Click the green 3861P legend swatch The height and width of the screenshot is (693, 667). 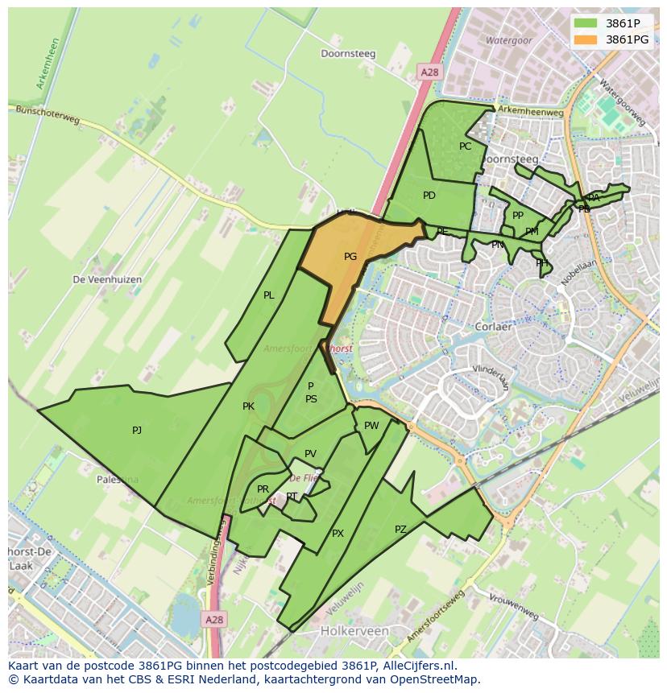pos(586,23)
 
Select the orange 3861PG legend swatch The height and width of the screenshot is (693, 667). pos(586,39)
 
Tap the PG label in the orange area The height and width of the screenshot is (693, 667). pos(350,257)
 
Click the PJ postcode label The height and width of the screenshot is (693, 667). pos(137,431)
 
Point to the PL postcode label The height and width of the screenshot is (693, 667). pos(269,295)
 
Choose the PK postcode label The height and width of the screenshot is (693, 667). pos(248,406)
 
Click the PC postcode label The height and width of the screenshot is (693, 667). pos(465,146)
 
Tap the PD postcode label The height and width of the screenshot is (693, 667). pos(429,196)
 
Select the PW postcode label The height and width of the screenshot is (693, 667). pos(371,426)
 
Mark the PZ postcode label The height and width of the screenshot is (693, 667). pos(400,529)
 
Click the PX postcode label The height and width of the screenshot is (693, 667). pos(338,534)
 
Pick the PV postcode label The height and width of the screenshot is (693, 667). pos(310,454)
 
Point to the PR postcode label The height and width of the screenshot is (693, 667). pos(263,489)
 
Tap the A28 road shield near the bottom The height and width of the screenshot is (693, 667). pos(213,620)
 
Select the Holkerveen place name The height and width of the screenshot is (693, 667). pos(354,631)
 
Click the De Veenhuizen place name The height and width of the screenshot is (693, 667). pos(107,279)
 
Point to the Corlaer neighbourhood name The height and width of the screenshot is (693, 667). pos(495,328)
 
